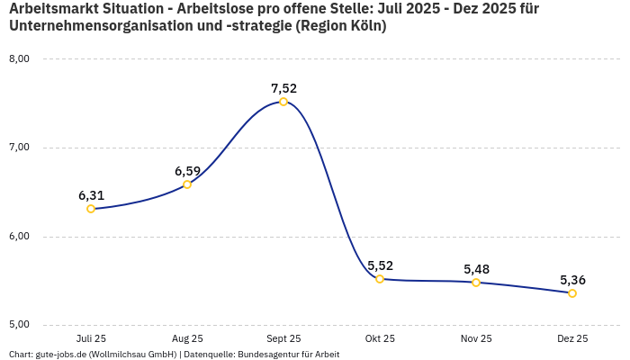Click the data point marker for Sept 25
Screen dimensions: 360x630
[x=283, y=102]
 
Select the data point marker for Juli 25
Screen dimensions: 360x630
[x=91, y=209]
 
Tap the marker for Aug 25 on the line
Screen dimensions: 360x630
[x=187, y=184]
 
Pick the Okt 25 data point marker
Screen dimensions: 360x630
[x=380, y=279]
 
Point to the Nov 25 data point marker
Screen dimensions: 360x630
[x=476, y=283]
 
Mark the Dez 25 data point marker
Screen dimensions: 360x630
[x=572, y=293]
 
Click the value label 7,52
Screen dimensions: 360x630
[x=283, y=88]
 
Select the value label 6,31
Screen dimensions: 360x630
[x=91, y=195]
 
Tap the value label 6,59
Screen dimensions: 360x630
[x=187, y=171]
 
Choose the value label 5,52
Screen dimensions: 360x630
[x=380, y=265]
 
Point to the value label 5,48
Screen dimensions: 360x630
[x=476, y=269]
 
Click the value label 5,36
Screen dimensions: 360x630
[x=572, y=280]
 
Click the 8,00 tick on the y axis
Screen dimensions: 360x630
[x=19, y=58]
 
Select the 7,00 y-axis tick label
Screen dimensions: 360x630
[x=19, y=148]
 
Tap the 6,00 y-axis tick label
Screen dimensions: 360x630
[x=19, y=237]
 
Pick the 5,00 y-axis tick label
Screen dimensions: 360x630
[x=19, y=325]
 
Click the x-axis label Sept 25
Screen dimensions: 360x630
[x=283, y=339]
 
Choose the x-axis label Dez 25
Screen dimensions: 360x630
[x=572, y=339]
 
